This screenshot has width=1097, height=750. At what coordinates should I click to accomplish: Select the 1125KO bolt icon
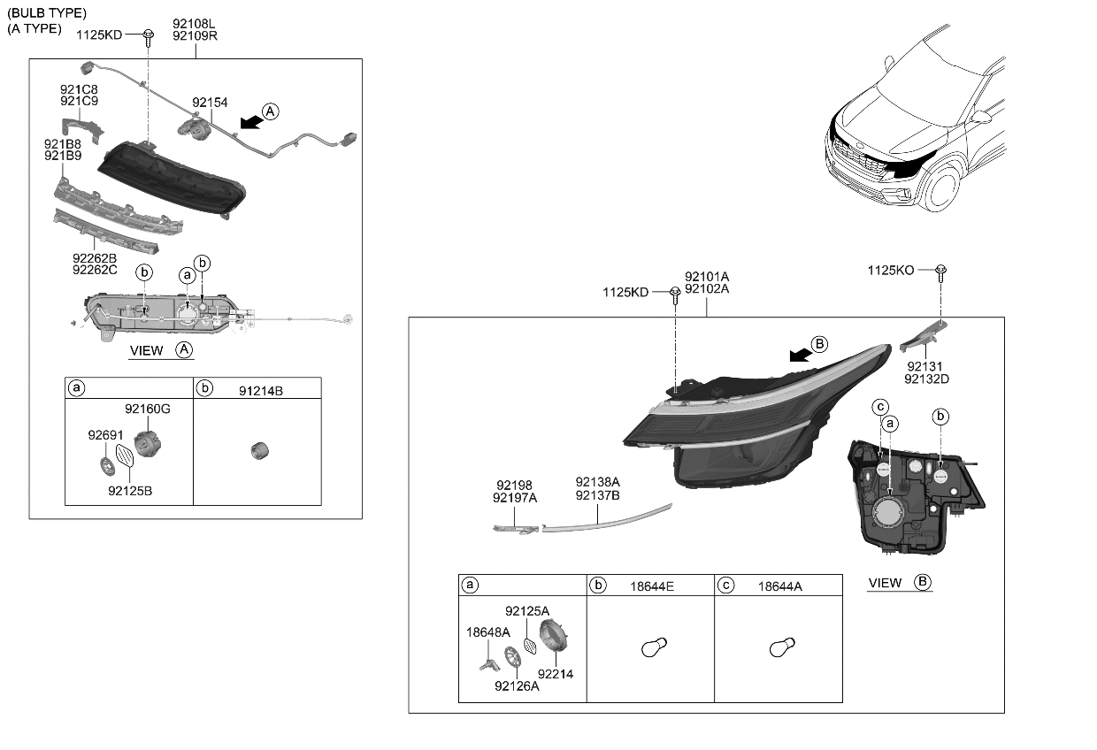pos(941,270)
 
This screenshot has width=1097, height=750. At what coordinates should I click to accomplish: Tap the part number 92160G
pos(147,409)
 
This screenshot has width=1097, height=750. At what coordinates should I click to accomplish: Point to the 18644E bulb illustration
pos(652,648)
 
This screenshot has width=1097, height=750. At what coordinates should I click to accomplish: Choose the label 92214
pos(556,674)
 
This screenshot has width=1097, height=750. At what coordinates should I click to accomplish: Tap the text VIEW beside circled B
pos(885,583)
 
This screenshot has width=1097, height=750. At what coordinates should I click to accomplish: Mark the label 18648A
pos(488,632)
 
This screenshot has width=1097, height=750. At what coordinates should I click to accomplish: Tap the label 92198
pos(514,486)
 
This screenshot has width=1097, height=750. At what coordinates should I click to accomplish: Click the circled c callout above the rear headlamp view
pos(880,407)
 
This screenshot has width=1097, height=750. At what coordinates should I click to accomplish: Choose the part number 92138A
pos(597,482)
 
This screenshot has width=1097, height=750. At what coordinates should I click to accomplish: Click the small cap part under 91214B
pos(258,450)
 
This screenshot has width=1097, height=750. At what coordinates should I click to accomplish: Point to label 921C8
pos(79,90)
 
